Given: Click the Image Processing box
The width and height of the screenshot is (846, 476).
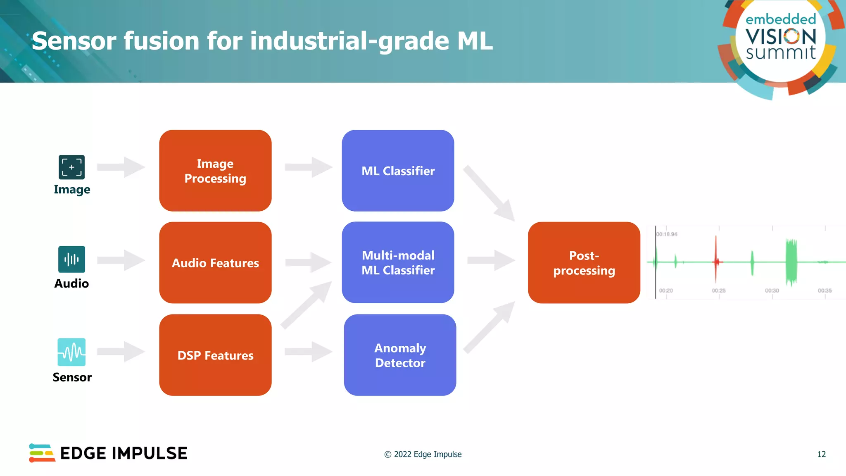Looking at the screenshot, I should point(215,171).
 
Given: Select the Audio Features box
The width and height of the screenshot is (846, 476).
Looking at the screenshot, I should point(215,263).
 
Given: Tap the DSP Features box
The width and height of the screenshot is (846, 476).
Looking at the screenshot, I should point(215,355).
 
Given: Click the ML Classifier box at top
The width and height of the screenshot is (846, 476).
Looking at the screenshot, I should point(398,171).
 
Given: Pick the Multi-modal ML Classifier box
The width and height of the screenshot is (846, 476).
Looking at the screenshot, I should point(398,262).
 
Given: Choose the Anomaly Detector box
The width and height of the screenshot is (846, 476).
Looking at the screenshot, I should point(400,355).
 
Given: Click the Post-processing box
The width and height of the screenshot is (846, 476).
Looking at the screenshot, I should point(584,263).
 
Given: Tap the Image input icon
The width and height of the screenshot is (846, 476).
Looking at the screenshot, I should point(71,167).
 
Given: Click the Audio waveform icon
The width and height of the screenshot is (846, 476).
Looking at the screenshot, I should point(71,259).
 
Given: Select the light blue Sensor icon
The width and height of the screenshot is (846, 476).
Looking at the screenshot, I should point(71,352).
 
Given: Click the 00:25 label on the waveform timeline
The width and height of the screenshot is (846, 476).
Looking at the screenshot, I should point(719,290).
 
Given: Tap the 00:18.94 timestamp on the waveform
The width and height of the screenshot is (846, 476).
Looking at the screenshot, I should point(667,234).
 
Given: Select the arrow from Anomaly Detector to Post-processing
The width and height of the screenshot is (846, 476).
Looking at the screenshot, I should point(490,327).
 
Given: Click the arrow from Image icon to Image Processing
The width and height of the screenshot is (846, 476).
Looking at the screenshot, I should point(121,167).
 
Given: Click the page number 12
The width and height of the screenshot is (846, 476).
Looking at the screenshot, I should point(821,454).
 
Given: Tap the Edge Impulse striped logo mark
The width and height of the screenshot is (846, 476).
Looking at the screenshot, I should point(42,453).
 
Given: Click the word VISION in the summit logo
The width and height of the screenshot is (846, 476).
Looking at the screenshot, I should point(781,37).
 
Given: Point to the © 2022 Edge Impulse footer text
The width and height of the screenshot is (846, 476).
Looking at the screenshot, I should point(423,454).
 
